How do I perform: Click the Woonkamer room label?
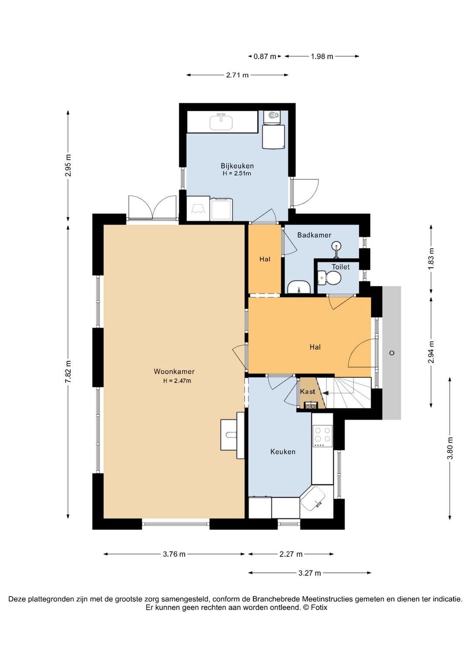coord(174,371)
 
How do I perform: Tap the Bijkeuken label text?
coord(237,166)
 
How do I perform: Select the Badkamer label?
coord(314,235)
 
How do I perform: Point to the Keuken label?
coord(283,451)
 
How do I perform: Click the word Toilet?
coord(341,267)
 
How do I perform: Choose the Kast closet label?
coord(307,392)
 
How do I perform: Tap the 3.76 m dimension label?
coord(174,554)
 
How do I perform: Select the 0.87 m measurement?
coord(264,56)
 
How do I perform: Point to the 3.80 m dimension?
coord(450,448)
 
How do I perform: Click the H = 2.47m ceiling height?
coord(177,381)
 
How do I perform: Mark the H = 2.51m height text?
coord(237,174)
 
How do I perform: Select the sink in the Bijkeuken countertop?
coord(221,122)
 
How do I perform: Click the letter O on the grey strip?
coord(392,353)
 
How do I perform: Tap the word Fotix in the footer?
coord(319,607)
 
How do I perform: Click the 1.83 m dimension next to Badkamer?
coord(431,258)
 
